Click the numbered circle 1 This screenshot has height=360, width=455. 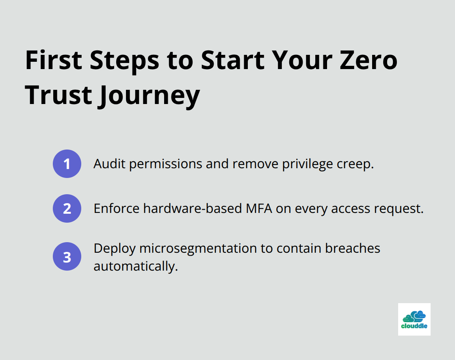pyautogui.click(x=67, y=164)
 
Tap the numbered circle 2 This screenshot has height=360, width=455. pyautogui.click(x=67, y=208)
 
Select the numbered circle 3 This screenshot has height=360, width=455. pyautogui.click(x=67, y=257)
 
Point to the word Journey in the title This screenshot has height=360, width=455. pyautogui.click(x=149, y=96)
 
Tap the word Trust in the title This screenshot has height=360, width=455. pyautogui.click(x=58, y=96)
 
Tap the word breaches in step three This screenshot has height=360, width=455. pyautogui.click(x=352, y=248)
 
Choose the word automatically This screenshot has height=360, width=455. pyautogui.click(x=136, y=267)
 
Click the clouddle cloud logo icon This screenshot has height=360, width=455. pyautogui.click(x=414, y=316)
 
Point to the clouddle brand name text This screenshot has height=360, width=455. pyautogui.click(x=414, y=326)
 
